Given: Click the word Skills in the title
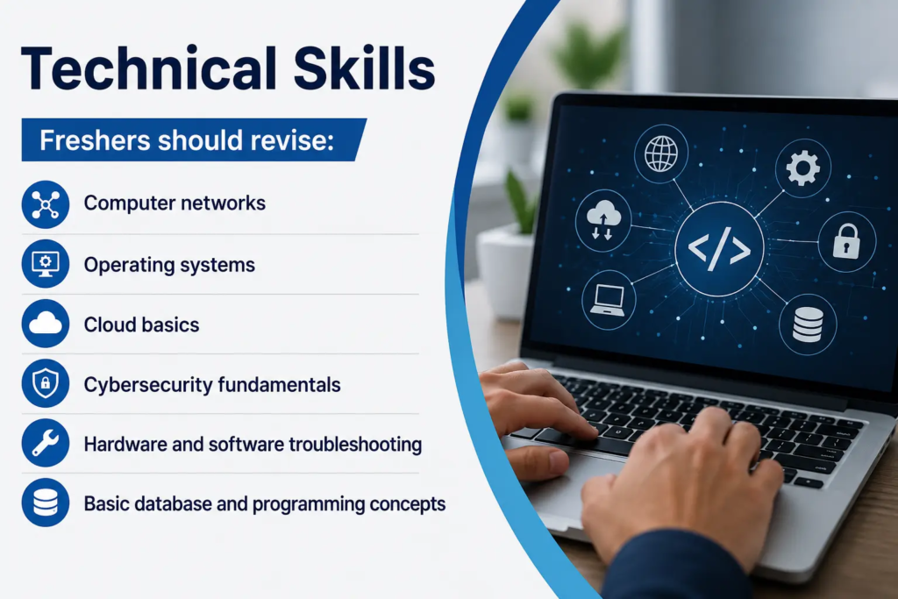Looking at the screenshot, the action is (364, 68).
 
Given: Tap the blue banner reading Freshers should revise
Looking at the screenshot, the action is (194, 139).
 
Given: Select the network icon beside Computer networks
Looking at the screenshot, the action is (46, 204).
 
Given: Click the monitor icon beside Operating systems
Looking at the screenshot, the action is (46, 264).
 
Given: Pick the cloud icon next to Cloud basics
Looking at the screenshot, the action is (46, 324).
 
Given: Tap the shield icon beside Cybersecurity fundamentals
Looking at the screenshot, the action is (46, 383).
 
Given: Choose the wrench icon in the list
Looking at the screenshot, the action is (46, 443).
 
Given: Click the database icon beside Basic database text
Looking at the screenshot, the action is (46, 503).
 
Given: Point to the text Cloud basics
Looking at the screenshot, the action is (141, 324).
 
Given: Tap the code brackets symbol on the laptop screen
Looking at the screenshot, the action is (719, 249).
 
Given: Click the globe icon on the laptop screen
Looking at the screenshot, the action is (661, 153).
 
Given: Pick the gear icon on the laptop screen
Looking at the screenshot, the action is (803, 168).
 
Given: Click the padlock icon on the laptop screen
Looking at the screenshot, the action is (846, 241).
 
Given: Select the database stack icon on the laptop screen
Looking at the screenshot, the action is (808, 324).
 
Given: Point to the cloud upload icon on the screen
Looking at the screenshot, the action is (603, 220).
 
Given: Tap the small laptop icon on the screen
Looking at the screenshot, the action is (608, 300).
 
